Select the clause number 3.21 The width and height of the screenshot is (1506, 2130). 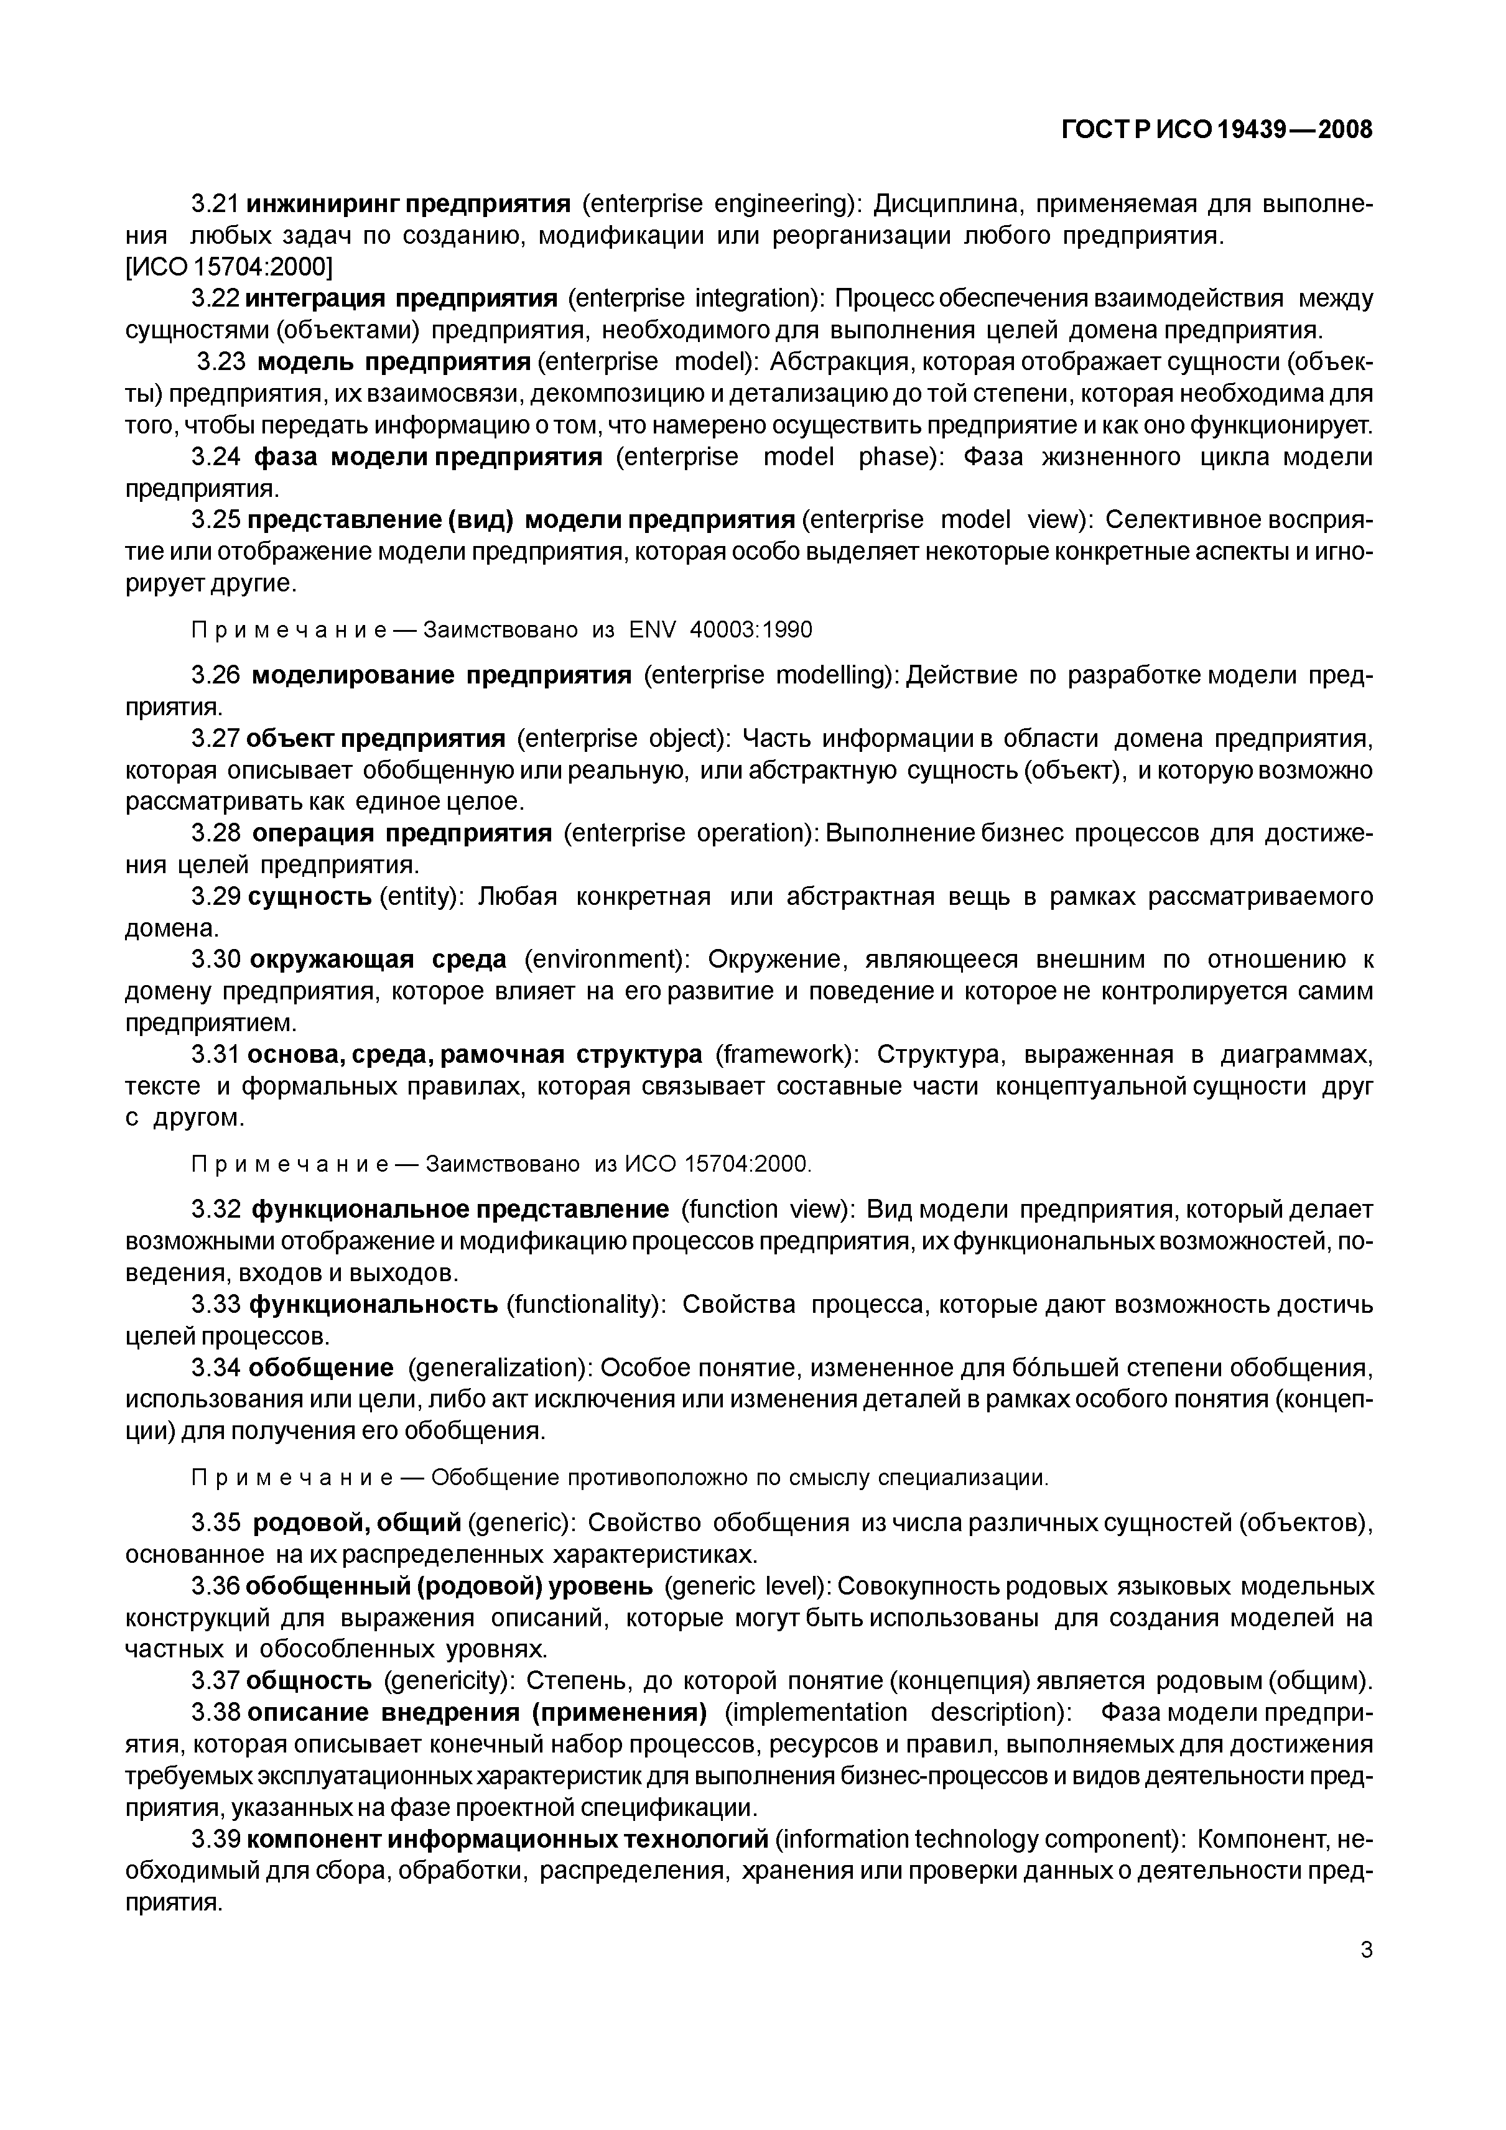[x=215, y=204]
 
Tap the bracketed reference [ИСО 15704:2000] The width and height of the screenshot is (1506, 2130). [x=229, y=267]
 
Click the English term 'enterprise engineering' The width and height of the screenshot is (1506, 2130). [x=722, y=204]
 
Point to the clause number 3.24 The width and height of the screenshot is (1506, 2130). [x=215, y=457]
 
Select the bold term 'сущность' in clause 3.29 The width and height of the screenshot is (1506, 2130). [x=311, y=897]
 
